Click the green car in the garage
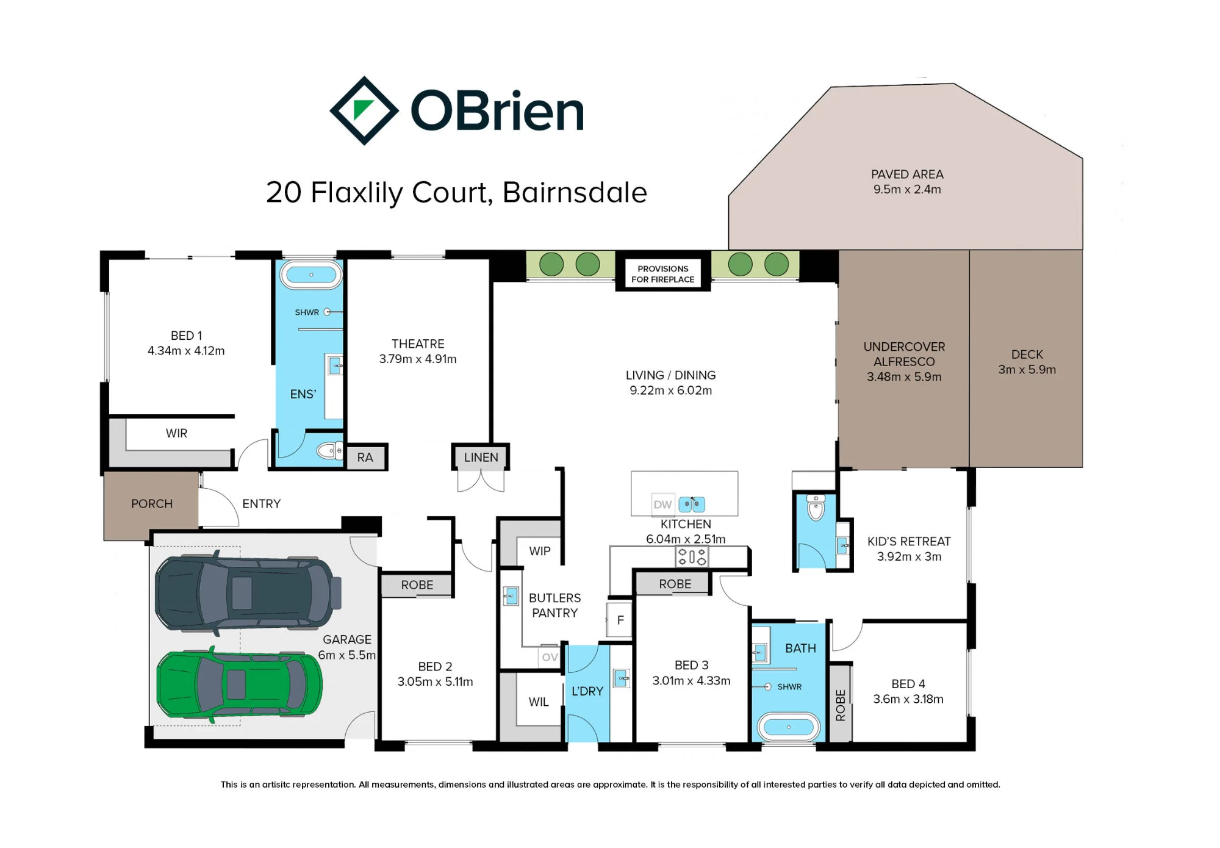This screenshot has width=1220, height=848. [x=240, y=685]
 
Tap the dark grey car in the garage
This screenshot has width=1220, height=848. [x=247, y=592]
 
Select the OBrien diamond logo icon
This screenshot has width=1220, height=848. [x=364, y=110]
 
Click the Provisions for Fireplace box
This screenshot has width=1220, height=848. [x=663, y=274]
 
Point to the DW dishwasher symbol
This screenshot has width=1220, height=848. [x=662, y=505]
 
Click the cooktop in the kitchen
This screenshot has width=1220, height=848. [x=692, y=556]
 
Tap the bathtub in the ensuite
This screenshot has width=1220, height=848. [x=311, y=275]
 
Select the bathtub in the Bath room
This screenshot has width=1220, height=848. [x=789, y=727]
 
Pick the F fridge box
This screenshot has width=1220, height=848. [x=620, y=620]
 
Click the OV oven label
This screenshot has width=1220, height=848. [x=550, y=657]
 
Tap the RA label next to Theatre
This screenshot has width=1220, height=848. [x=365, y=458]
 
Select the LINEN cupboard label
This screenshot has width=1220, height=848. [x=481, y=458]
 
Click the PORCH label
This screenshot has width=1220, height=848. [x=152, y=504]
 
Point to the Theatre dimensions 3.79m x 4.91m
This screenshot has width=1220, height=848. [x=418, y=359]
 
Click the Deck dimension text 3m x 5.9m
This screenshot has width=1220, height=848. [x=1027, y=370]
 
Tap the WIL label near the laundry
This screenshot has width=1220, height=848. [x=539, y=702]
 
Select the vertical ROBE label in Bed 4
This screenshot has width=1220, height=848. [x=841, y=705]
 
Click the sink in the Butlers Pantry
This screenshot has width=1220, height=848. [x=511, y=595]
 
